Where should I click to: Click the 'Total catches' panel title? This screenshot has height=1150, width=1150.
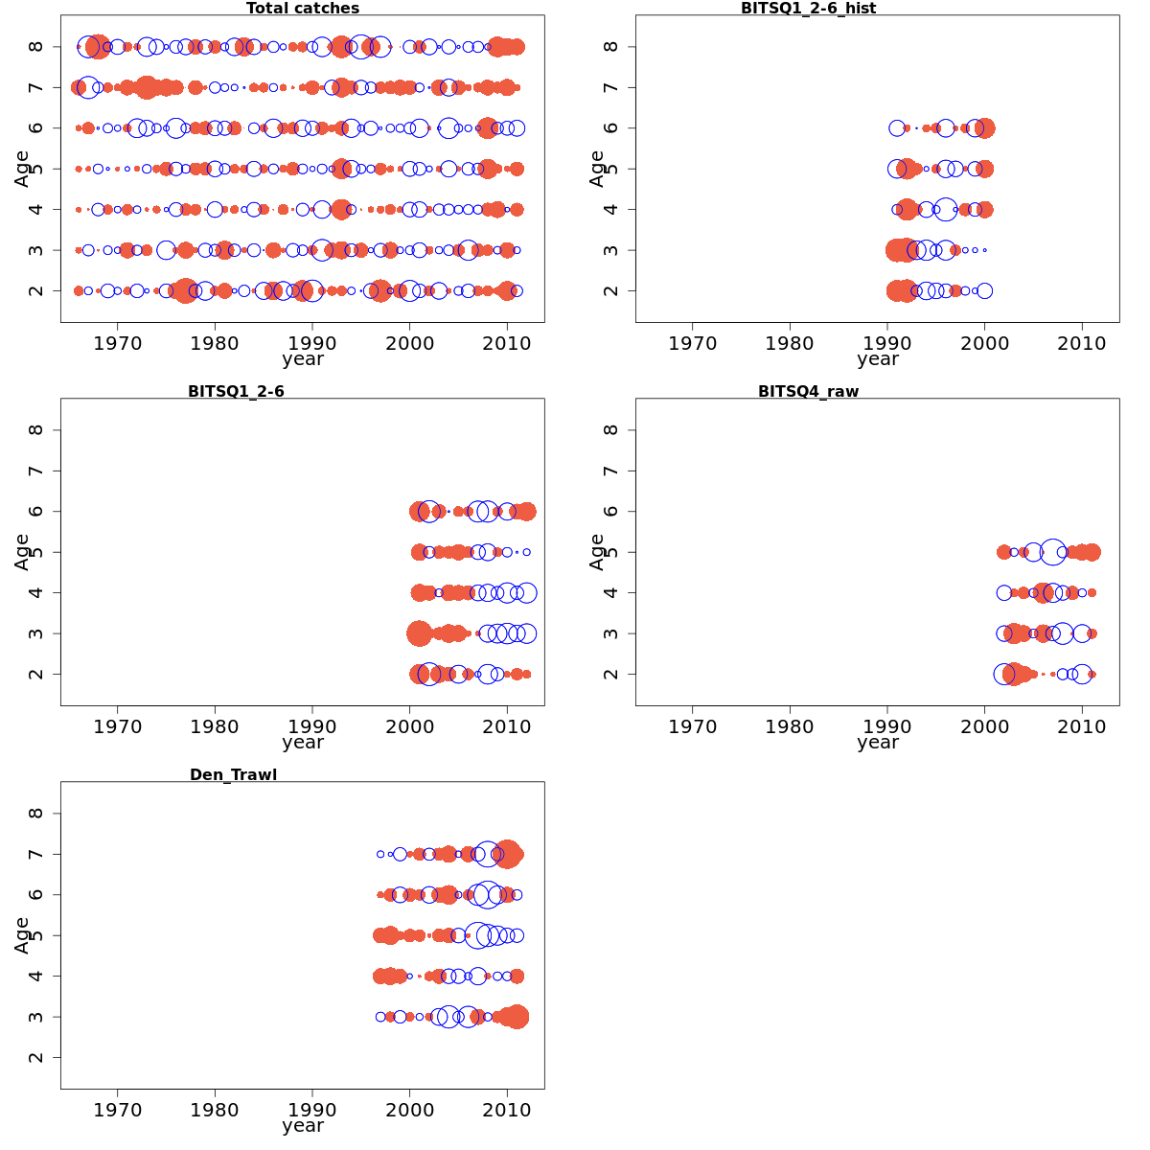click(x=303, y=9)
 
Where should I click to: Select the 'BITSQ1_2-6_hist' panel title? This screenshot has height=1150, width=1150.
click(x=808, y=9)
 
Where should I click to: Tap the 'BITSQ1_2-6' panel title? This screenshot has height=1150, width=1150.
click(x=236, y=392)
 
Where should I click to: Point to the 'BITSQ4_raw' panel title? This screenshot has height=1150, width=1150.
click(x=808, y=392)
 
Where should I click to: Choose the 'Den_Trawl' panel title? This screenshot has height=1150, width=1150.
click(x=233, y=775)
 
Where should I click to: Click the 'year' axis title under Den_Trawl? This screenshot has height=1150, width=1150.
click(x=303, y=1126)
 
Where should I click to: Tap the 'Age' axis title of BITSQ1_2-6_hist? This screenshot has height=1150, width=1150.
click(x=597, y=168)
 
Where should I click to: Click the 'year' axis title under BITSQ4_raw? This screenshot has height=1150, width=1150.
click(x=878, y=743)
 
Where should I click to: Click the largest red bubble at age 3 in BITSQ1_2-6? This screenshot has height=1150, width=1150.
click(x=419, y=633)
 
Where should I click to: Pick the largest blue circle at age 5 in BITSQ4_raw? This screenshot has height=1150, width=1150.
click(x=1052, y=552)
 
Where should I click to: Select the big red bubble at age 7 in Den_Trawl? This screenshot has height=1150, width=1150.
click(x=508, y=854)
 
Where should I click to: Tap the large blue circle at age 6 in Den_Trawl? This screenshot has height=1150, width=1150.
click(x=487, y=895)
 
